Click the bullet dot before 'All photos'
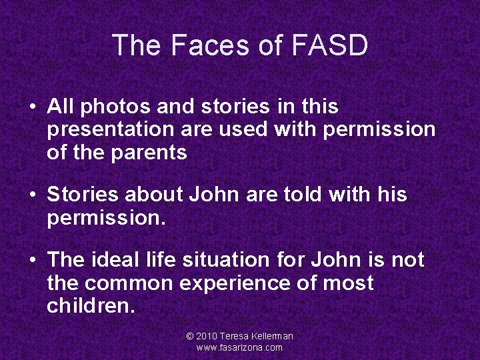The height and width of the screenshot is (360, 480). tap(32, 107)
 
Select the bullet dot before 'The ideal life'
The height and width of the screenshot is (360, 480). tap(32, 261)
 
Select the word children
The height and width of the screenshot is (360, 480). tap(91, 306)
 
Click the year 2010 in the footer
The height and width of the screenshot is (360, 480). tap(207, 337)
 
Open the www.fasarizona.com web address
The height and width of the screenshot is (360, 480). tap(239, 347)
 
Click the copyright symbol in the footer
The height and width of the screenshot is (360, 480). tap(190, 337)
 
